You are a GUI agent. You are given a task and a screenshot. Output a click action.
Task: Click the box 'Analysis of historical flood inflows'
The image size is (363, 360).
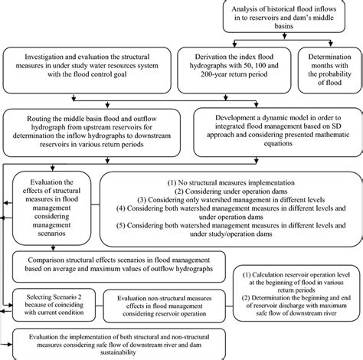click(292, 19)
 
